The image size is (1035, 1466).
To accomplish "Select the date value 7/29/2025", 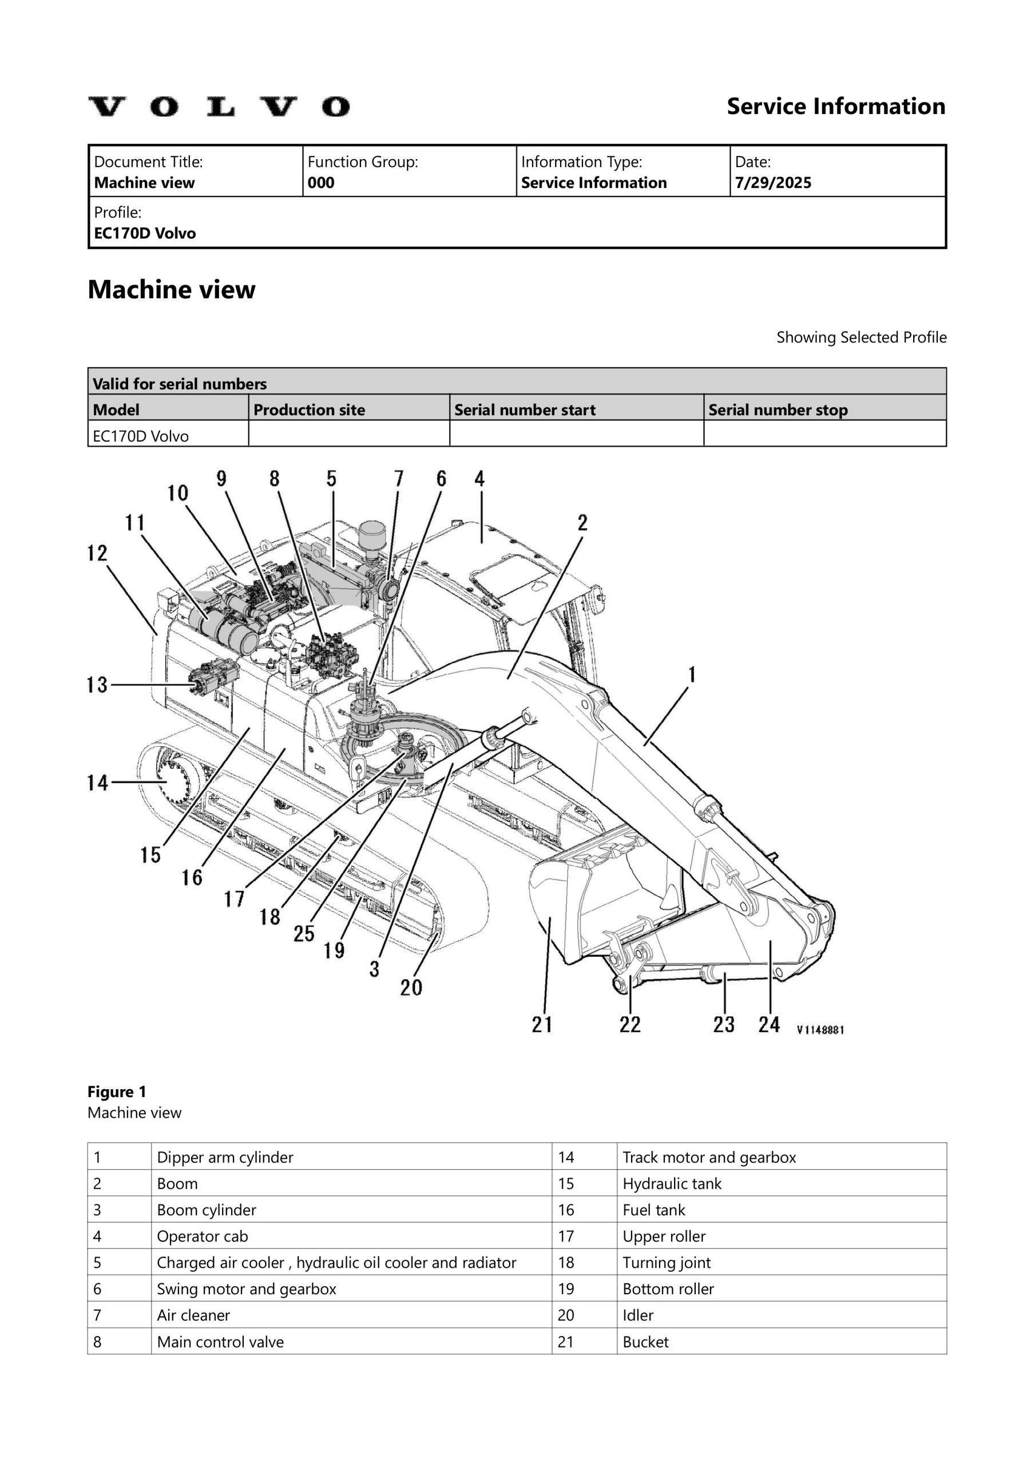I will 773,183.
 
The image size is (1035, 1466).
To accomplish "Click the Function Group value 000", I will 320,183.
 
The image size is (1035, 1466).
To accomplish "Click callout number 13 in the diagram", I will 97,685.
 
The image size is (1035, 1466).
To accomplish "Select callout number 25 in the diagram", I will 304,933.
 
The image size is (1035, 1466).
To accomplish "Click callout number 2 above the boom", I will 582,523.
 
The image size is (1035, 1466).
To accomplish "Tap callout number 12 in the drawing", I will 97,553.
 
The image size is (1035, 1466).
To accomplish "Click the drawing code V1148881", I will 820,1029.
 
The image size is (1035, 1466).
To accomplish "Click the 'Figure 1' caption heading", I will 117,1091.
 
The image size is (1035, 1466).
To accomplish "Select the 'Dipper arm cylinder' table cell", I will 225,1157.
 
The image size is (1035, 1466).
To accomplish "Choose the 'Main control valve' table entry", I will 220,1342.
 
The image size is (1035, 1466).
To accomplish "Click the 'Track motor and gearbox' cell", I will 709,1157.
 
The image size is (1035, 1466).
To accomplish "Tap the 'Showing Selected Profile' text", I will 861,337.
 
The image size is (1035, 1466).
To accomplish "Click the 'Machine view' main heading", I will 171,290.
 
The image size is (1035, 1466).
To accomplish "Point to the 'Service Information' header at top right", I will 835,107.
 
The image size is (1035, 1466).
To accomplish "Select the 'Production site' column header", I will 309,410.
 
